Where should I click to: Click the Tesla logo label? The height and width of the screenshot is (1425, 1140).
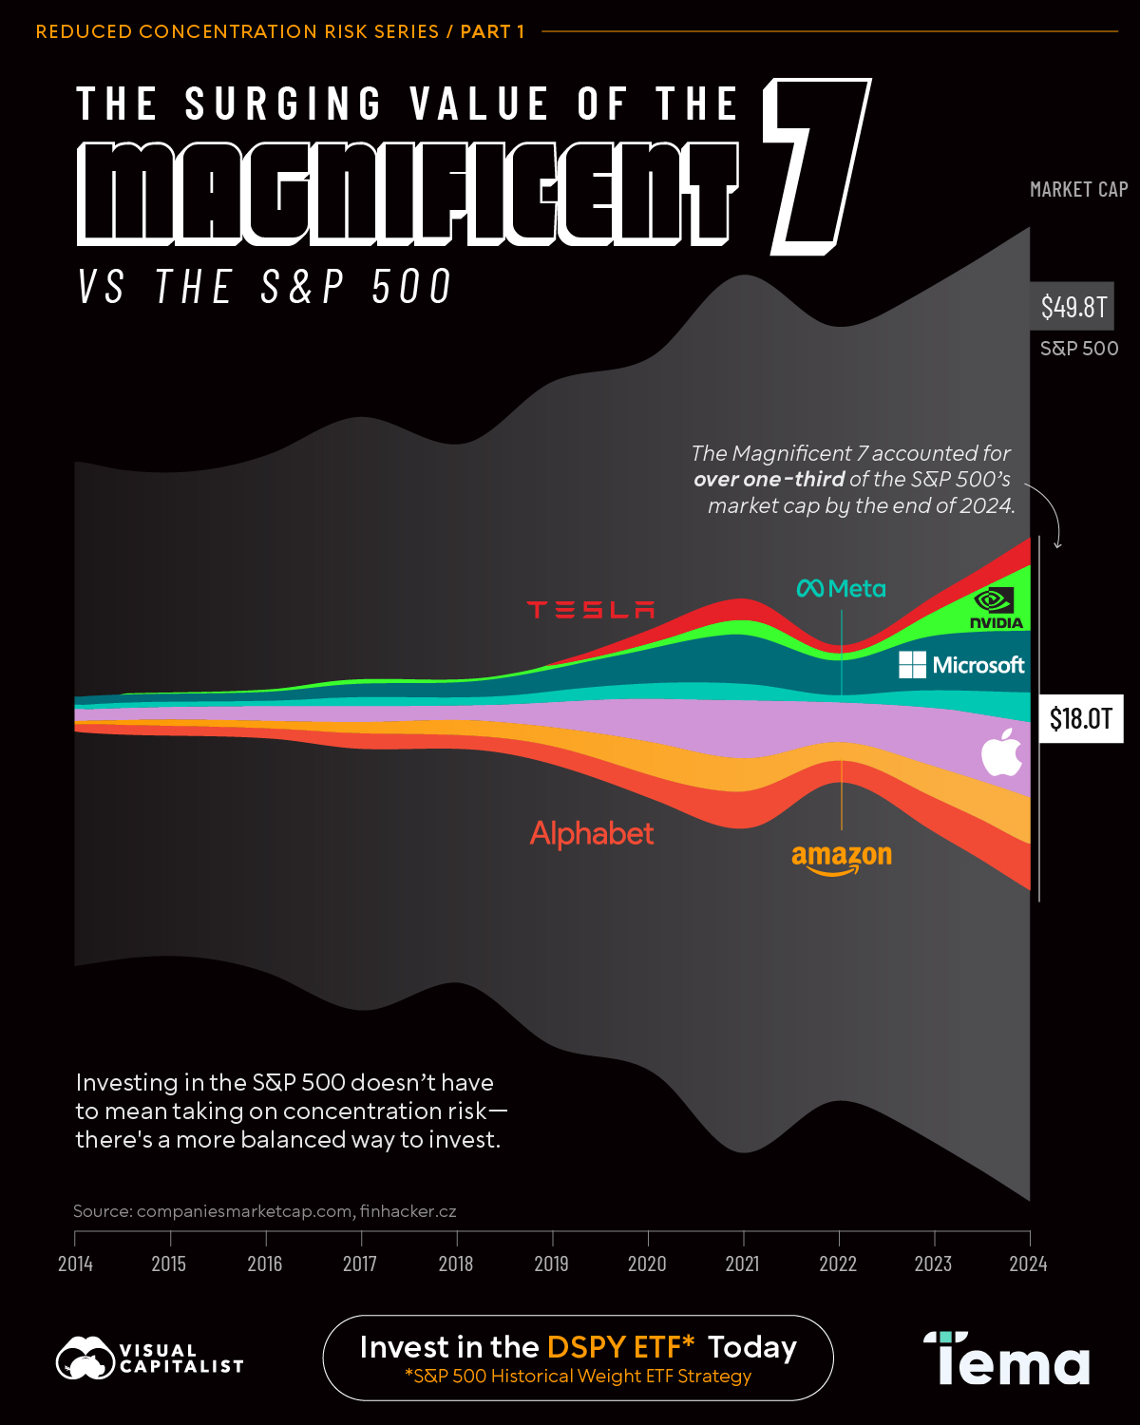coord(591,610)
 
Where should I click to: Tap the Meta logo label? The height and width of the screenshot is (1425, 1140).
coord(842,589)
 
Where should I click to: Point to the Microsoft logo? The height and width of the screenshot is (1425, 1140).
coord(961,665)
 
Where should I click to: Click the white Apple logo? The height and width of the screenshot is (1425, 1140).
coord(1001,752)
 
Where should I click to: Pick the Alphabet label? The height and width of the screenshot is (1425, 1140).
coord(592,834)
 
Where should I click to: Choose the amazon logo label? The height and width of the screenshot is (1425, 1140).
coord(842,858)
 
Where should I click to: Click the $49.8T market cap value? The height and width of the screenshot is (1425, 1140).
coord(1073,307)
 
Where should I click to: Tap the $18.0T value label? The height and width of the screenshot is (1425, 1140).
coord(1081,719)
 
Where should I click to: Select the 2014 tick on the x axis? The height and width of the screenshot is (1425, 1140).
coord(75,1263)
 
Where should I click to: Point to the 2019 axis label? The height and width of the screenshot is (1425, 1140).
coord(552,1263)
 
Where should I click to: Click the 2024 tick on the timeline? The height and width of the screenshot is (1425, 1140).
coord(1029,1263)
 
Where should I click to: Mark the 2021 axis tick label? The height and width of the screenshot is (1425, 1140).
coord(743,1263)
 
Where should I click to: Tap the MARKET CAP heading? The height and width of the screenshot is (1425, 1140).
coord(1078,190)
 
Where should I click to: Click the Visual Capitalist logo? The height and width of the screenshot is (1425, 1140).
coord(150,1358)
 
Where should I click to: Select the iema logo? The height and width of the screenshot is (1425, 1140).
coord(1007,1358)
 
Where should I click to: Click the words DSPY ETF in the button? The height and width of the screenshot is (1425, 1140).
coord(620,1347)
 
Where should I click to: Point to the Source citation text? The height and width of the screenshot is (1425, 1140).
coord(265,1211)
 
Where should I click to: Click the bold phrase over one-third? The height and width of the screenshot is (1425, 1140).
coord(769,480)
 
